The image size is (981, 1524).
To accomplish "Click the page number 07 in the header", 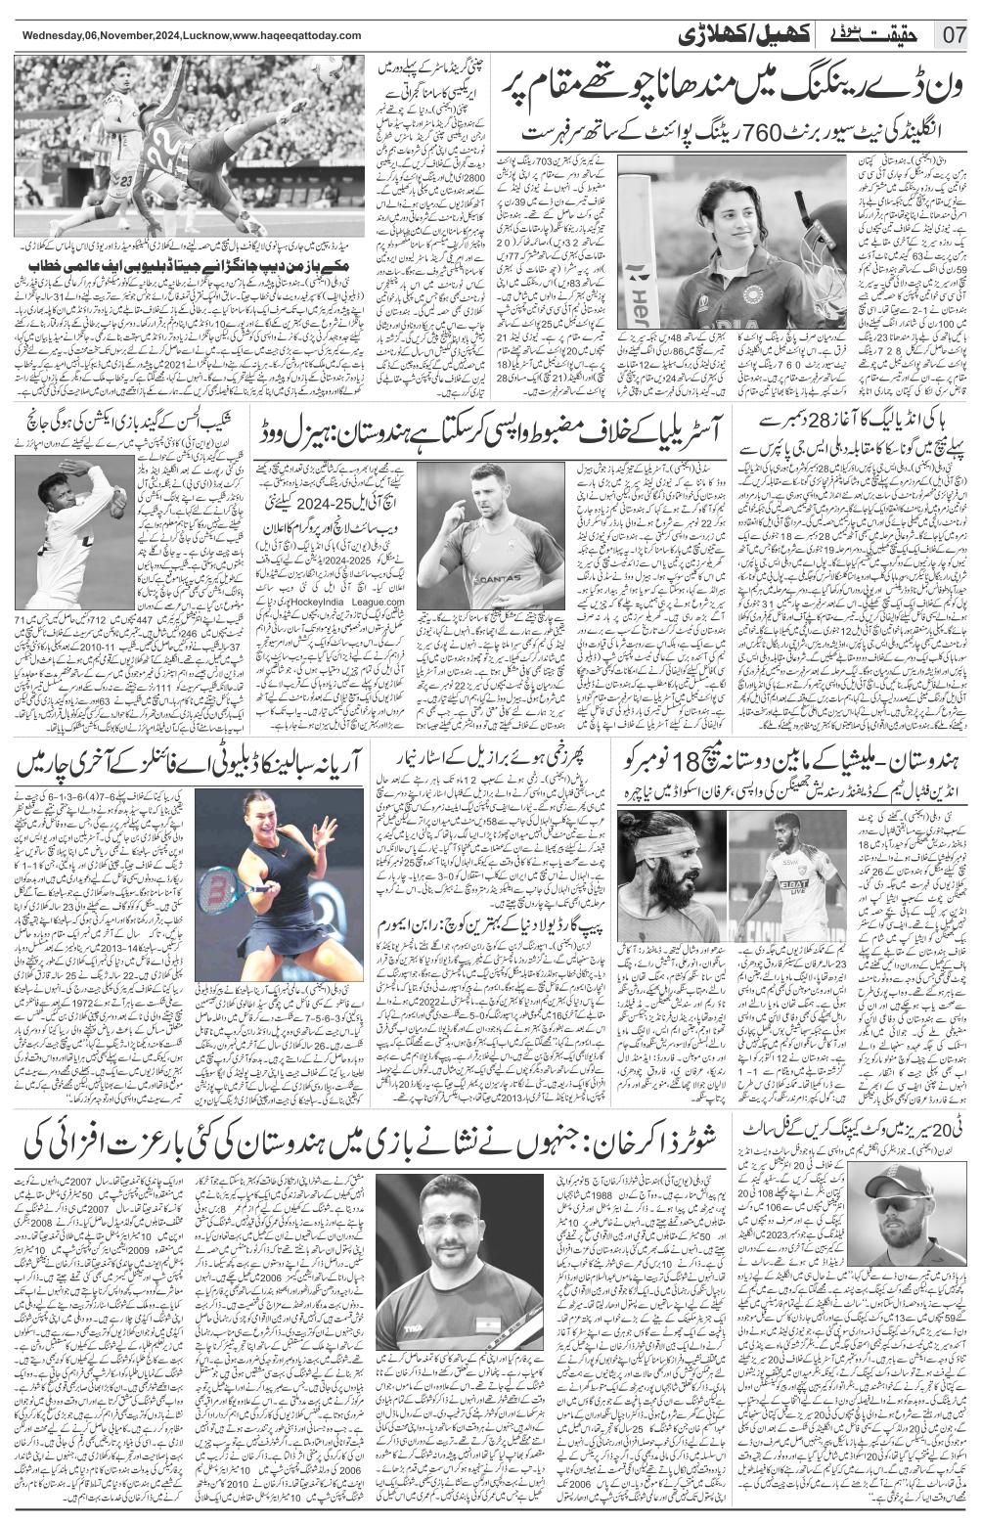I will [954, 35].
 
